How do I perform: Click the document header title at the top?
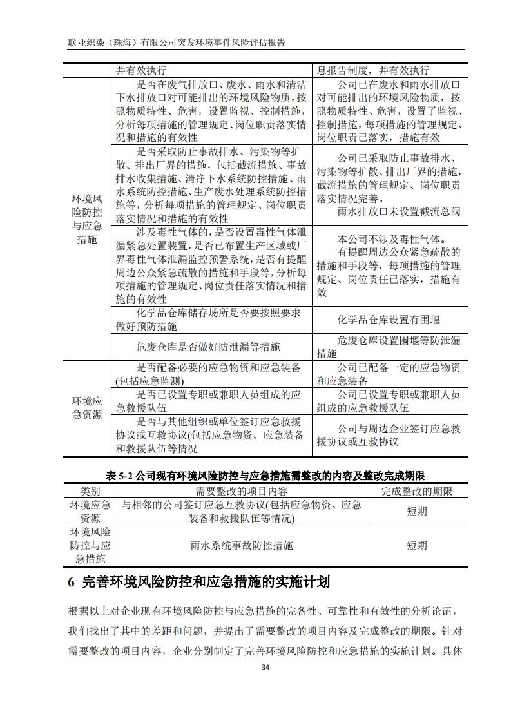pos(176,42)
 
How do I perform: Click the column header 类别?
pos(90,491)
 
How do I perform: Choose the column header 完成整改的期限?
pos(416,491)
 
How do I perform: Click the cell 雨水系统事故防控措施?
pos(242,545)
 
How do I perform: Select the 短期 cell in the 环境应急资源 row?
pos(416,511)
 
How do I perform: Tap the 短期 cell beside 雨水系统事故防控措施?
pos(416,545)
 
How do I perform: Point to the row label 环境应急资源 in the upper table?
pos(86,408)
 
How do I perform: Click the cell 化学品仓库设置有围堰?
pos(389,320)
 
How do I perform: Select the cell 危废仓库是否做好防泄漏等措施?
pos(208,347)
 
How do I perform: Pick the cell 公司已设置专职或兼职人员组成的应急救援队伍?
pos(389,401)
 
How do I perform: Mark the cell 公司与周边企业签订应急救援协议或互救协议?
pos(389,435)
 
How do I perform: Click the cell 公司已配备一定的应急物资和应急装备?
pos(389,374)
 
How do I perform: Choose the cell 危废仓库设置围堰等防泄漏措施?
pos(389,347)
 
